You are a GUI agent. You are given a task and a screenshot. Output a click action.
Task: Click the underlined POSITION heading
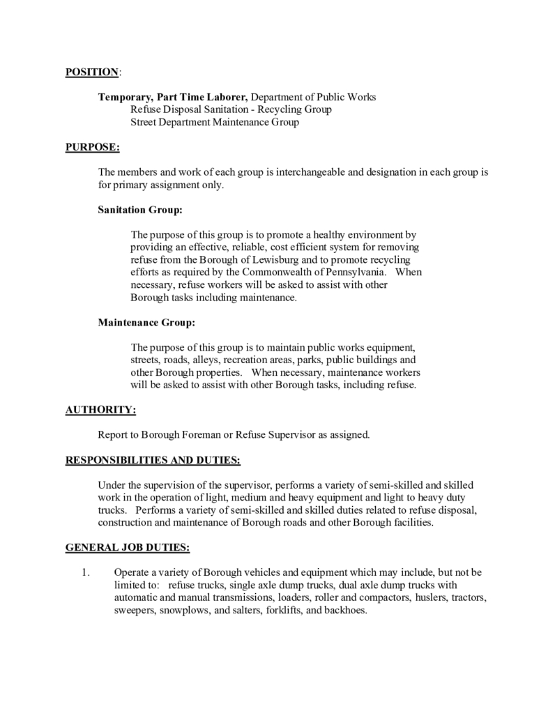pyautogui.click(x=91, y=72)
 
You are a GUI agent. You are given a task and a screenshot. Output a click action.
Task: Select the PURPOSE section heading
pyautogui.click(x=92, y=146)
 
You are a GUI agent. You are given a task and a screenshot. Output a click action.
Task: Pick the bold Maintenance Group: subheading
pyautogui.click(x=146, y=323)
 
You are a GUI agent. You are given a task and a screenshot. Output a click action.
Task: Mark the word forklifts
pyautogui.click(x=284, y=610)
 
